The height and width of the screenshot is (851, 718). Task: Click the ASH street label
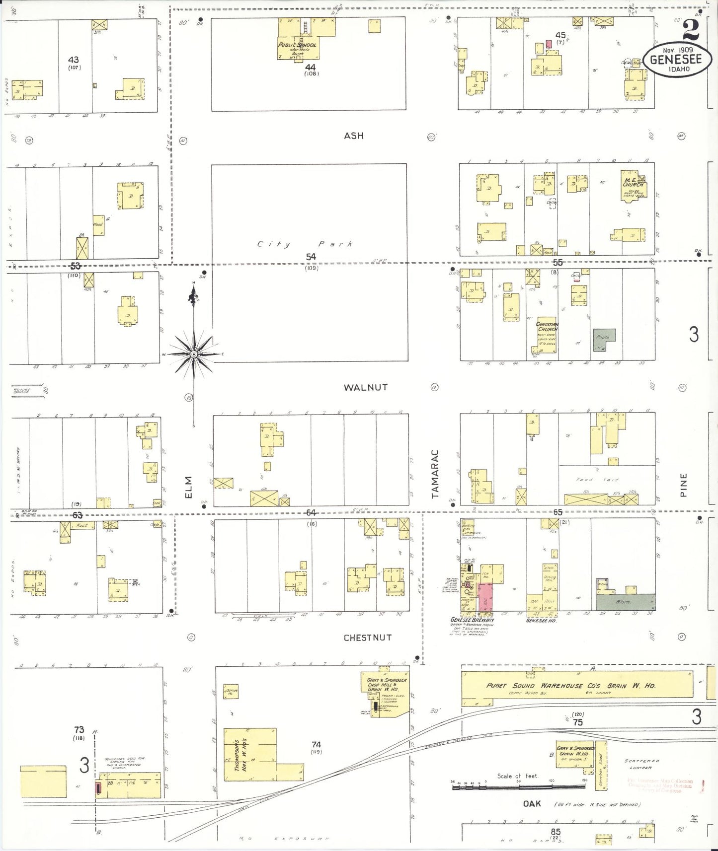coord(354,136)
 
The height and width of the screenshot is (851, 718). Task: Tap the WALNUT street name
coord(365,387)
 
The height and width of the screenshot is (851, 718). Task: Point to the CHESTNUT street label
coord(367,638)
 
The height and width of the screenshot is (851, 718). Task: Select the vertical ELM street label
coord(188,487)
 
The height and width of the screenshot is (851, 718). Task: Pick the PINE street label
coord(683,485)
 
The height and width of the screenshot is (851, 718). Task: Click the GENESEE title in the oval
coord(676,60)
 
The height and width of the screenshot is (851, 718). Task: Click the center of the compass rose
coord(194,354)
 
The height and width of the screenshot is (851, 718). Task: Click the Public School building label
coord(297,45)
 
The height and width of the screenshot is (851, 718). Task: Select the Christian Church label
coord(547,327)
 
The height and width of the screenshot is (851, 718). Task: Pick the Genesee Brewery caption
coord(472,620)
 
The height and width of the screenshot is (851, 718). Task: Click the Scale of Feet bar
coord(519,787)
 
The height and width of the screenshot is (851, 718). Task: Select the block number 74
coord(316,744)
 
